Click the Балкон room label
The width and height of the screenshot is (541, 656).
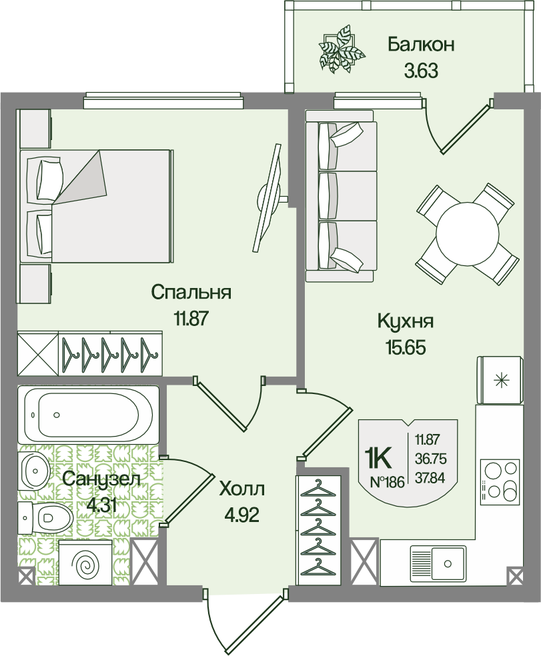(x=421, y=44)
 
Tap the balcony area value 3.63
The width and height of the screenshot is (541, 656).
(x=421, y=71)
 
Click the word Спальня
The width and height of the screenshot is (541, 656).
(x=191, y=293)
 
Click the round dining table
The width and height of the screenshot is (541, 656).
(x=468, y=234)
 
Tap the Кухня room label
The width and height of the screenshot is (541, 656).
(x=406, y=322)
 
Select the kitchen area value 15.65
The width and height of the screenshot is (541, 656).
(x=406, y=347)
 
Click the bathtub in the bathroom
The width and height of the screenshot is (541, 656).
(x=88, y=415)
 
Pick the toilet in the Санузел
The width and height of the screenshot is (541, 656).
(x=43, y=519)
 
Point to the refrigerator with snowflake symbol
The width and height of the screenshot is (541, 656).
(x=499, y=380)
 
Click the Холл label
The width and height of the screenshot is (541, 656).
(x=242, y=489)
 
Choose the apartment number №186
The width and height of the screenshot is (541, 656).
(x=388, y=483)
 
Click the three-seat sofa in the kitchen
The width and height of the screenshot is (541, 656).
(x=340, y=196)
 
